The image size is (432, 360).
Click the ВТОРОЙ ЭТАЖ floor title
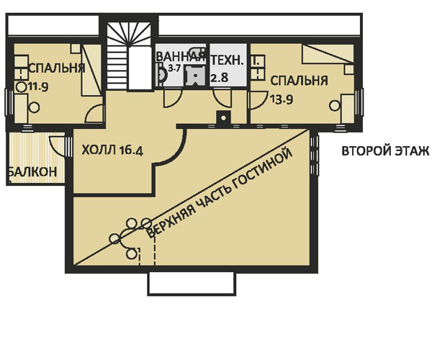[x=385, y=151]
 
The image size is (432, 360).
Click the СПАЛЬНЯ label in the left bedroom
[x=56, y=68]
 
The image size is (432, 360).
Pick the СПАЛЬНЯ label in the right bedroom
[x=300, y=81]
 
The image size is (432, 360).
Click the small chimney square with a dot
[x=225, y=118]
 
